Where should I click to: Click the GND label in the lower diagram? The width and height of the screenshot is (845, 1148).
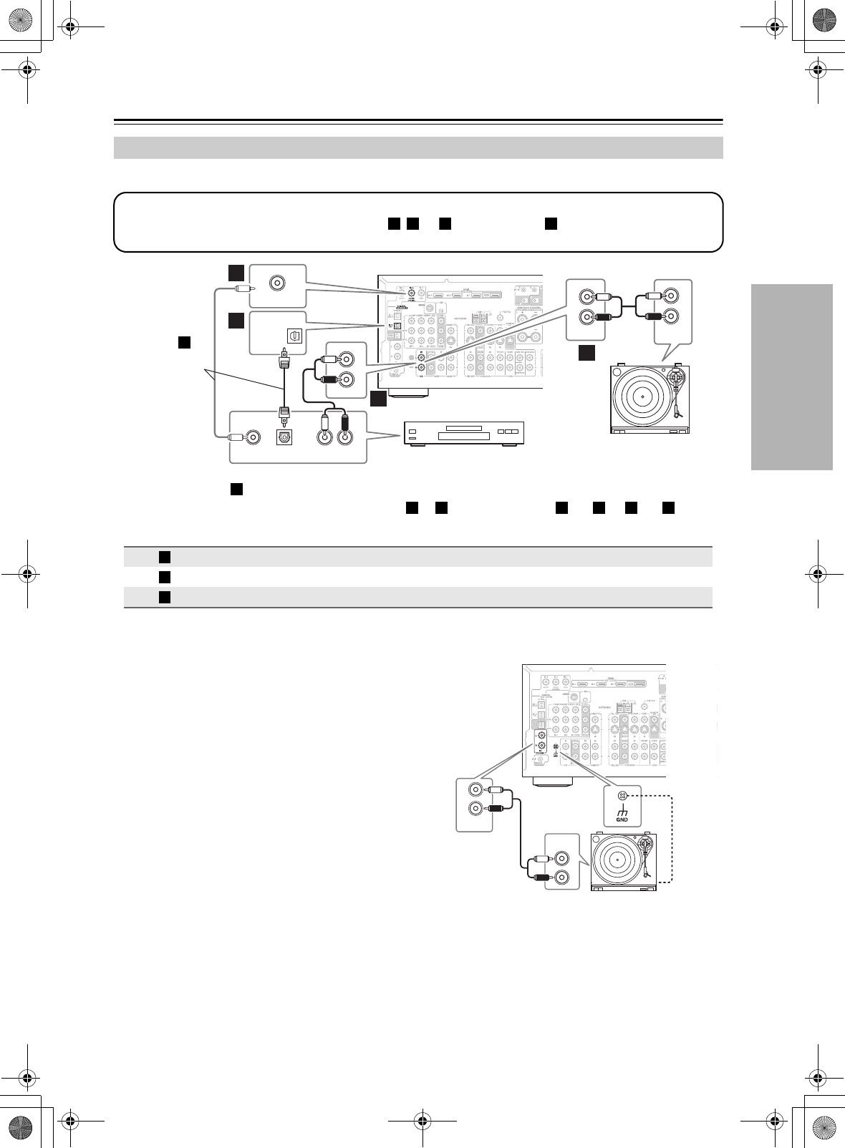click(622, 819)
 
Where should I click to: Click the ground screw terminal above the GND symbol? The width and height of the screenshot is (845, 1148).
click(622, 795)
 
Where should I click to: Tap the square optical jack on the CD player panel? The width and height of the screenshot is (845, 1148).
click(284, 438)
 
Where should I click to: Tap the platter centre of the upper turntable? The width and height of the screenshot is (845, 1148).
click(642, 396)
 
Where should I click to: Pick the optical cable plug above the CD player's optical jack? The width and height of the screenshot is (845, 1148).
click(284, 414)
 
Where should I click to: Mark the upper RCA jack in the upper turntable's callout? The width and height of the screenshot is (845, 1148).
click(671, 295)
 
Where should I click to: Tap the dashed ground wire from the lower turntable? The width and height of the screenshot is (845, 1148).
click(674, 837)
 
